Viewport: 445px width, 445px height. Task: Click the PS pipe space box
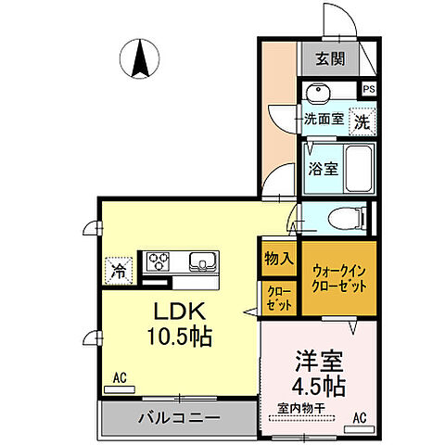click(369, 90)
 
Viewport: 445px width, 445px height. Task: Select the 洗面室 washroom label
click(324, 120)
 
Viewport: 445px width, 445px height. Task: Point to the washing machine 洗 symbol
click(364, 120)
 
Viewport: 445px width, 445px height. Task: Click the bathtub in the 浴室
click(357, 169)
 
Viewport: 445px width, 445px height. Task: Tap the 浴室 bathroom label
click(323, 170)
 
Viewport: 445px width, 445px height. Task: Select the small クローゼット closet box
click(277, 299)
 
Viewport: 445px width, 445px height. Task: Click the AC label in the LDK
click(120, 377)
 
